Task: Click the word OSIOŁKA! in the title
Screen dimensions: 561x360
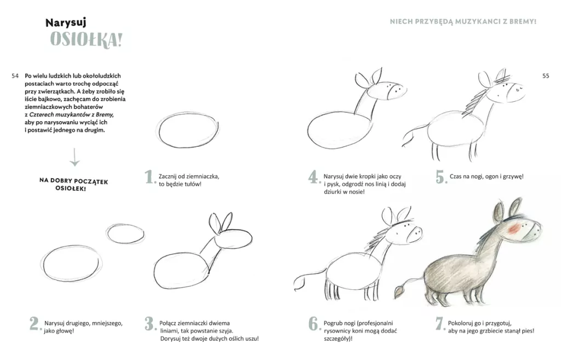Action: pos(86,39)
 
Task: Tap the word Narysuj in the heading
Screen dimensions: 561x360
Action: pos(66,22)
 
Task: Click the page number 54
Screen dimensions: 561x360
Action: pos(15,76)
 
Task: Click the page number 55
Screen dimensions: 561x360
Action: pos(546,76)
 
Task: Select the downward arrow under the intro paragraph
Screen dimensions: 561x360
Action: pos(75,157)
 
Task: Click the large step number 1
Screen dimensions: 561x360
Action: pos(150,177)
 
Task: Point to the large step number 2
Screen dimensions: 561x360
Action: pos(35,323)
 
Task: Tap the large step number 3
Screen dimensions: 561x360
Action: pos(150,323)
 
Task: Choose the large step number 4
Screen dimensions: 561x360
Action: pos(314,177)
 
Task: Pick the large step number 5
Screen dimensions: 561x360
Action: pos(441,177)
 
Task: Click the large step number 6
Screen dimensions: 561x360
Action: pos(314,323)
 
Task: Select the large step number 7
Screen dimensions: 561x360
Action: pos(440,323)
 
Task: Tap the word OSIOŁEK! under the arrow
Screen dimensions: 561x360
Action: pos(71,188)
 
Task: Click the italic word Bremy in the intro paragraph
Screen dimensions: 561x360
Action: pos(104,115)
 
